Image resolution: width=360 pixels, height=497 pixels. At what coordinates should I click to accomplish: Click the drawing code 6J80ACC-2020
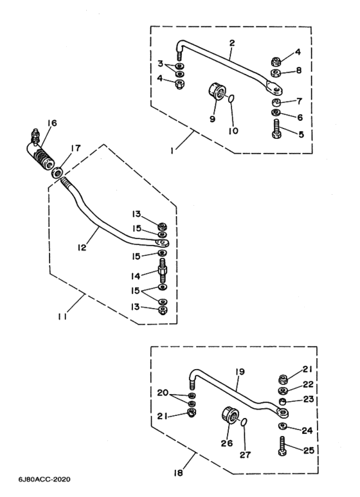click(45, 479)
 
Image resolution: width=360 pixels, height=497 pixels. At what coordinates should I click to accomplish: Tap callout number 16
click(52, 123)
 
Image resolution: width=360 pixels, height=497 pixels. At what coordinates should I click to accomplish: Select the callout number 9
click(212, 119)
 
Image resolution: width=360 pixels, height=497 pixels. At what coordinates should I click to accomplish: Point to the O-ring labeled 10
click(231, 99)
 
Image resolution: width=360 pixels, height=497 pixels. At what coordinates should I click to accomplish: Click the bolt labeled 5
click(276, 129)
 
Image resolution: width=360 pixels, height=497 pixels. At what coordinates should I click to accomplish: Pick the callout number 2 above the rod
click(232, 43)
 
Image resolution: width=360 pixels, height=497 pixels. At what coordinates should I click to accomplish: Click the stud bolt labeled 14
click(163, 271)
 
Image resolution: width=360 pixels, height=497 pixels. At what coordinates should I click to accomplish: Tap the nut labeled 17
click(57, 172)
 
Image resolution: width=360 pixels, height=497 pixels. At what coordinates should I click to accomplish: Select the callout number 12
click(82, 248)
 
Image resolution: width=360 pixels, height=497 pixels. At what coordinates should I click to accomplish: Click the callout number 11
click(62, 316)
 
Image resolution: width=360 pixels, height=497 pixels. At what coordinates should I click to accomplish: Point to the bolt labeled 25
click(282, 446)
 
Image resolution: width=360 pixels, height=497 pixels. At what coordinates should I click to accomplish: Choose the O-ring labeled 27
click(244, 422)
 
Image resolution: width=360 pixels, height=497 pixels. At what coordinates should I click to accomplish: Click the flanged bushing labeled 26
click(230, 415)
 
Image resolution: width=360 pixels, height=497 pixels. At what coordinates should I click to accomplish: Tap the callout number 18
click(179, 473)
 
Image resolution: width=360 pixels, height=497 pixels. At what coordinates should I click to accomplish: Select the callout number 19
click(240, 372)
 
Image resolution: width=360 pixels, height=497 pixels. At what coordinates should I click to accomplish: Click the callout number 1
click(172, 151)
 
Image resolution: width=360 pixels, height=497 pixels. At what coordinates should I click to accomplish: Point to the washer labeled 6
click(276, 113)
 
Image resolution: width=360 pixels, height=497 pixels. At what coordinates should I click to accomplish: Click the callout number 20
click(163, 393)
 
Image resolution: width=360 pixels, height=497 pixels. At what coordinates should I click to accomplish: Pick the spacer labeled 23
click(282, 402)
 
